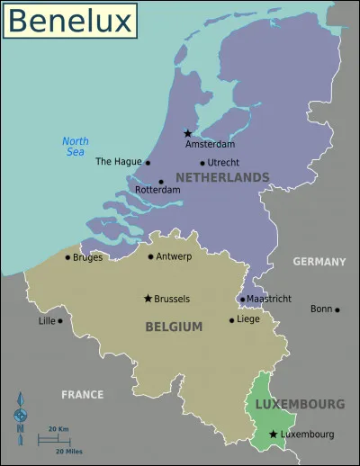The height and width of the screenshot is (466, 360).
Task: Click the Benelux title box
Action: point(70,21)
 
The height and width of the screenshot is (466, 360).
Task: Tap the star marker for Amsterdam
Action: point(187,133)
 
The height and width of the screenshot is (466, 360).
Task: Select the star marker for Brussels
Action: point(148,298)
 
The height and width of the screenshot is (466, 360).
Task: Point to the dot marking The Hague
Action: point(148,163)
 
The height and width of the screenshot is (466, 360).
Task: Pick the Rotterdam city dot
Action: point(161,182)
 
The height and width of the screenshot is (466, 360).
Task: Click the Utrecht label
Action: point(223,163)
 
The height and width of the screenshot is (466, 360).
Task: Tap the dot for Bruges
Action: point(67,257)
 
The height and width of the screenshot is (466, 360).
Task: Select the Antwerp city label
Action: point(175,257)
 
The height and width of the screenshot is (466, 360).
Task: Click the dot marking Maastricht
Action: point(241,299)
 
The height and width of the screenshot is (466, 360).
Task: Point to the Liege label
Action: point(247,319)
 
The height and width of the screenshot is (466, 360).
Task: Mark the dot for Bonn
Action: point(337,309)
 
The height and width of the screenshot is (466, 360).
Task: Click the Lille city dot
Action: point(60,320)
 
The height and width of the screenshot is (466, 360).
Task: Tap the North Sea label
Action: point(75,146)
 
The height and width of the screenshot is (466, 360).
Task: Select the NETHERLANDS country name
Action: point(222,178)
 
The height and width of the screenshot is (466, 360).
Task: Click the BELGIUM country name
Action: point(174,327)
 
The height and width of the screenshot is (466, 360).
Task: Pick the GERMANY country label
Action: point(319,262)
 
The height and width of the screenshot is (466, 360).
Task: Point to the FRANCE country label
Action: point(82,394)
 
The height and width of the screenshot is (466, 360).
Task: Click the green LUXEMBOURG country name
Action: point(300,404)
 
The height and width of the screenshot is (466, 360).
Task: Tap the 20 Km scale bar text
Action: point(58,429)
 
